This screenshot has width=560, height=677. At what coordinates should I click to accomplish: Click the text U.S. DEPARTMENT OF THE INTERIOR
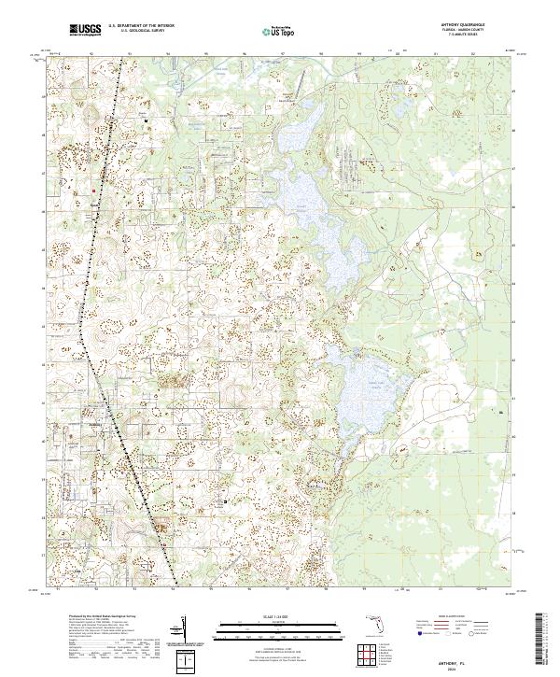[x=141, y=26]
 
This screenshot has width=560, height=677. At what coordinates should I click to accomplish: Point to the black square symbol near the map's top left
[x=146, y=120]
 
